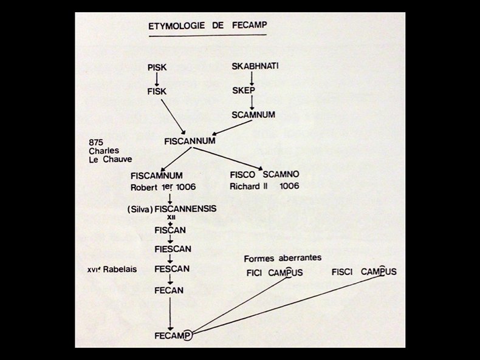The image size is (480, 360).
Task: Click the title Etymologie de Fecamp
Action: click(x=207, y=26)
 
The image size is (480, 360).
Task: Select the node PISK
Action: click(x=157, y=67)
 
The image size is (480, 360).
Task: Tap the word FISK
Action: click(x=157, y=91)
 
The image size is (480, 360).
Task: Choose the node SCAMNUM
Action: click(x=253, y=114)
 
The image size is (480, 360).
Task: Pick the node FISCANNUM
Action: click(x=190, y=141)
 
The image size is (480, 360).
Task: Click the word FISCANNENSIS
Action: click(x=186, y=209)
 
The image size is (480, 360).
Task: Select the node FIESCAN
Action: click(x=172, y=249)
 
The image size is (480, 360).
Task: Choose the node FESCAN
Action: click(x=172, y=269)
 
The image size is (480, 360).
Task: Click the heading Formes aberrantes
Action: click(x=283, y=258)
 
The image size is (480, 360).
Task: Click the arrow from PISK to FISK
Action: click(x=157, y=79)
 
